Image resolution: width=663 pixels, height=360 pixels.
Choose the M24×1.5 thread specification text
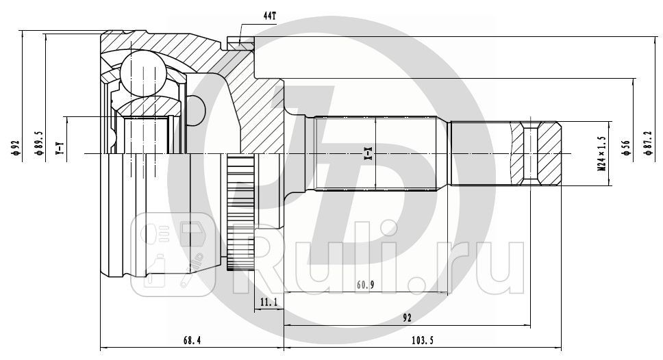[601, 152]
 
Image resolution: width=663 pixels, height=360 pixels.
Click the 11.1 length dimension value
[268, 301]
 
